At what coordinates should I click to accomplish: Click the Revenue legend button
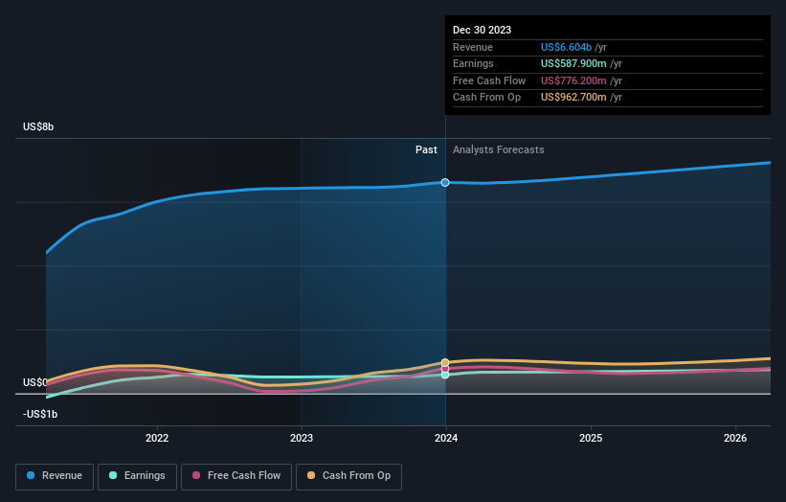pyautogui.click(x=55, y=476)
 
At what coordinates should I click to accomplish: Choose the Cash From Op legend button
pyautogui.click(x=348, y=476)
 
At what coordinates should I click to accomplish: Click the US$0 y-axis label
pyautogui.click(x=35, y=382)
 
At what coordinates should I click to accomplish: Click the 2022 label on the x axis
pyautogui.click(x=157, y=439)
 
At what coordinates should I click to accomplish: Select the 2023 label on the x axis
pyautogui.click(x=302, y=439)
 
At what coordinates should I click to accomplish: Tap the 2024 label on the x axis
pyautogui.click(x=445, y=439)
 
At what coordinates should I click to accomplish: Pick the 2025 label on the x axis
pyautogui.click(x=591, y=439)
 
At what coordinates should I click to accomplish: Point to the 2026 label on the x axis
pyautogui.click(x=735, y=439)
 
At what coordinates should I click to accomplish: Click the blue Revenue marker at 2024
pyautogui.click(x=445, y=182)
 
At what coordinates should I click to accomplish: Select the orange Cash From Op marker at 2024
pyautogui.click(x=445, y=362)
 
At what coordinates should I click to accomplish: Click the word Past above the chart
pyautogui.click(x=426, y=149)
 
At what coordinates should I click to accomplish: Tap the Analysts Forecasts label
pyautogui.click(x=498, y=149)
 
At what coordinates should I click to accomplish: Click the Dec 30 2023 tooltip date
pyautogui.click(x=482, y=30)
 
